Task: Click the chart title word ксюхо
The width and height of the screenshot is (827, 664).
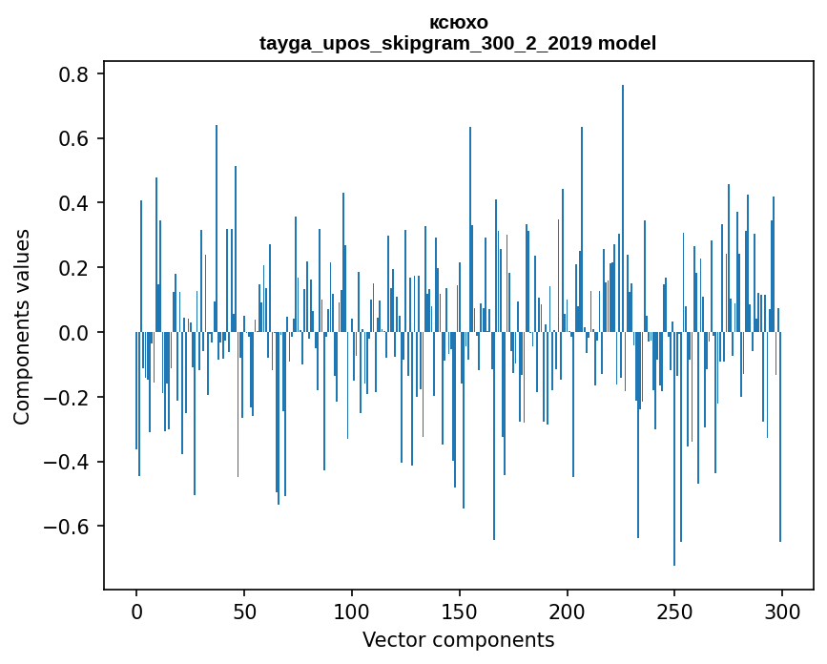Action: coord(458,23)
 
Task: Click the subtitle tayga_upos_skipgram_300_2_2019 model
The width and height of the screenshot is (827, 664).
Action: coord(458,43)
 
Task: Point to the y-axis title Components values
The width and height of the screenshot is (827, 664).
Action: coord(22,326)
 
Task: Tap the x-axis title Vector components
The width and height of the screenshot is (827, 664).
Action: coord(458,640)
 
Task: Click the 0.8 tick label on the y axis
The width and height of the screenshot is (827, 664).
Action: coord(75,74)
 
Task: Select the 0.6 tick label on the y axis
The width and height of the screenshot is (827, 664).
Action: coord(75,139)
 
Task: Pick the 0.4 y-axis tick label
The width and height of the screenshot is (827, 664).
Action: coord(75,203)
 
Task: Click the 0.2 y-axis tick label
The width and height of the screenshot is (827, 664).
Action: coord(75,268)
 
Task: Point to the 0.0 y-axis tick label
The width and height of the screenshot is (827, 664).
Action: coord(75,333)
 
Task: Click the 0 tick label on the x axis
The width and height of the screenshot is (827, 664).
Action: coord(136,611)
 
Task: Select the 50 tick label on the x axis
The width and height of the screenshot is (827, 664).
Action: coord(244,611)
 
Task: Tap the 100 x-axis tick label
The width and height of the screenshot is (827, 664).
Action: coord(352,611)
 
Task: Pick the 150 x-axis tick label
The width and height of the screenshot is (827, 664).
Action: coord(459,611)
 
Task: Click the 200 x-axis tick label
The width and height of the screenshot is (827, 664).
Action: coord(567,611)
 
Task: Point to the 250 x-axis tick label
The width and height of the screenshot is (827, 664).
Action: coord(674,611)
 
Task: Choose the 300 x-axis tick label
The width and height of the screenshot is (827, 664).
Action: coord(782,611)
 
